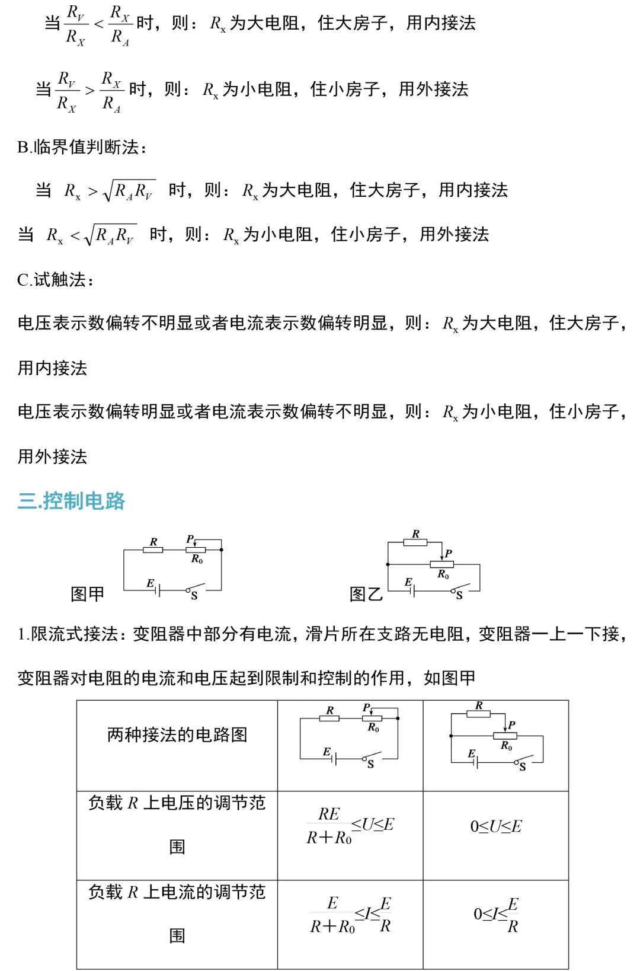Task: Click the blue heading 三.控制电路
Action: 71,501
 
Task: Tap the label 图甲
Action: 87,593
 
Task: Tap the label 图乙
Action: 366,593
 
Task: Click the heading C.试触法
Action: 56,280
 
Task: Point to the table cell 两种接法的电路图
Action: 177,735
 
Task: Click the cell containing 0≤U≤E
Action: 496,826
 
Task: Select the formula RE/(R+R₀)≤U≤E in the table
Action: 350,825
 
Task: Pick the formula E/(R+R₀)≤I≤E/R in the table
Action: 350,915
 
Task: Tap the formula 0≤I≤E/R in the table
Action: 496,915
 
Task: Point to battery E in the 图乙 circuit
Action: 411,589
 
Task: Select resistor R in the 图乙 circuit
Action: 415,542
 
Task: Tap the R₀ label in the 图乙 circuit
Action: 443,574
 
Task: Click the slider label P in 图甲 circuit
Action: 190,539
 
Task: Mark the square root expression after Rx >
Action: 129,190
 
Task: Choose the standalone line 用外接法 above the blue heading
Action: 52,456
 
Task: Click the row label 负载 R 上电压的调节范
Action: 177,803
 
